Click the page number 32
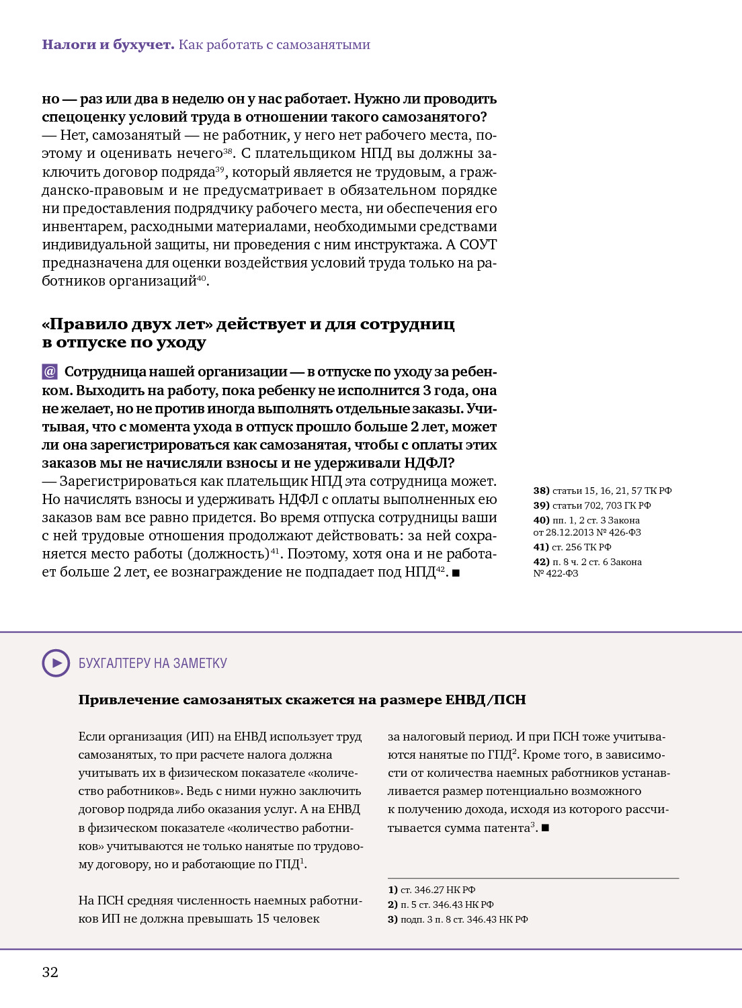[x=50, y=972]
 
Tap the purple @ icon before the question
[x=50, y=372]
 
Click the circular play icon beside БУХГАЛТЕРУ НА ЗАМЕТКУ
[x=56, y=663]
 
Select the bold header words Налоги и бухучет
[x=108, y=44]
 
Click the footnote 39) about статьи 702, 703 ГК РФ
[x=592, y=505]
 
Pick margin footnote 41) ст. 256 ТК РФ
[x=572, y=547]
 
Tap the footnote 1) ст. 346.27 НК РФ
[x=431, y=890]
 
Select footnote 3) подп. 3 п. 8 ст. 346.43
[x=458, y=919]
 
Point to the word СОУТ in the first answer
[x=478, y=245]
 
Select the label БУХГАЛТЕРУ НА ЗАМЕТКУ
[x=153, y=663]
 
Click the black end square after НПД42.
[x=456, y=573]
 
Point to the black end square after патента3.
[x=545, y=828]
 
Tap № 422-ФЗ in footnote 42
[x=556, y=573]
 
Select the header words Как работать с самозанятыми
[x=274, y=44]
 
